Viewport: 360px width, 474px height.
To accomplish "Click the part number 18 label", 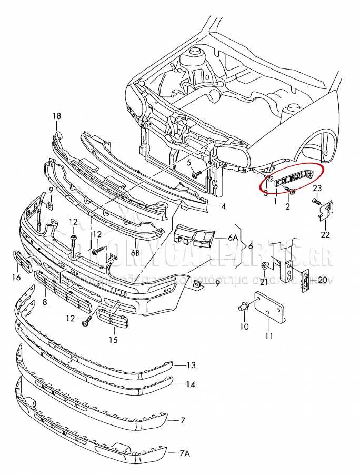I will click(57, 116).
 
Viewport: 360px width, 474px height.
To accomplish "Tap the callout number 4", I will click(224, 206).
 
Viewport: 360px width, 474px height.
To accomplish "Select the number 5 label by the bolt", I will click(189, 163).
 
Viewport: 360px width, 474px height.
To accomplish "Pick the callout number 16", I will click(16, 278).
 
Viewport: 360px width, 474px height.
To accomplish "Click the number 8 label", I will click(45, 302).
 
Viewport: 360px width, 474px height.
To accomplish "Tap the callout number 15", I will click(113, 340).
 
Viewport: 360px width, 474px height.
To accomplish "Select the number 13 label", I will click(191, 365).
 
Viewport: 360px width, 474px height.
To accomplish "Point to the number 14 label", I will click(191, 384).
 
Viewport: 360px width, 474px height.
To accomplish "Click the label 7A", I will click(185, 452).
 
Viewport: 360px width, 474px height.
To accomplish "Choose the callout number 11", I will click(269, 335).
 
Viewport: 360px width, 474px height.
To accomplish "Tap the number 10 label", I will click(244, 327).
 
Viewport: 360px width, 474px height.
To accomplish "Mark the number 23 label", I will click(317, 189).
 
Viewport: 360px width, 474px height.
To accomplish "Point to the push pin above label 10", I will click(244, 305).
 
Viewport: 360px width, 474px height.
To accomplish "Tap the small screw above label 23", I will click(316, 201).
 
